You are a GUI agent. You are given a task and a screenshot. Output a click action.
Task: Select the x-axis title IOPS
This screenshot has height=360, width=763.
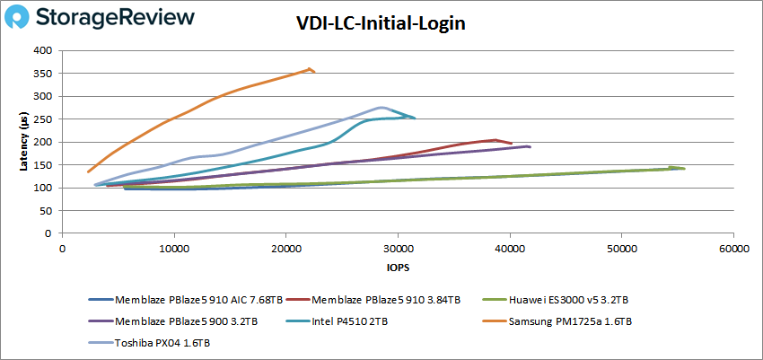tap(397, 268)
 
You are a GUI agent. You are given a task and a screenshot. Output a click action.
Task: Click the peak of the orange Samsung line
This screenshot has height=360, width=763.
tap(310, 68)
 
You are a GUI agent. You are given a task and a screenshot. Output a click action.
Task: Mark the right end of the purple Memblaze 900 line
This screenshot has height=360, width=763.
tap(530, 146)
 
